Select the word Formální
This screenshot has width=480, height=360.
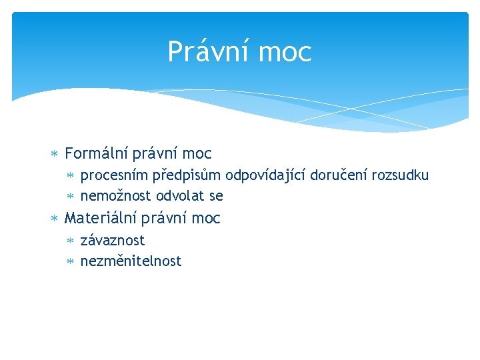coord(95,154)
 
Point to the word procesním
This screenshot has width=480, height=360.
coord(114,176)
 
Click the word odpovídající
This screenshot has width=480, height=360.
coord(265,176)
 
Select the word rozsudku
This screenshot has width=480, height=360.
coord(400,175)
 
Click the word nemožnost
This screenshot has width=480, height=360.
coord(116,196)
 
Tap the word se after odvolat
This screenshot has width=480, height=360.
coord(216,197)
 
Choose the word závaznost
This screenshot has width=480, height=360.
coord(113,240)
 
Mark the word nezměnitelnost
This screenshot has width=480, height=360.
coord(131,261)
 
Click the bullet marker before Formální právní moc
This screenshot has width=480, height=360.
coord(55,155)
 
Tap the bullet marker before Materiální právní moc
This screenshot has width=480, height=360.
coord(55,219)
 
